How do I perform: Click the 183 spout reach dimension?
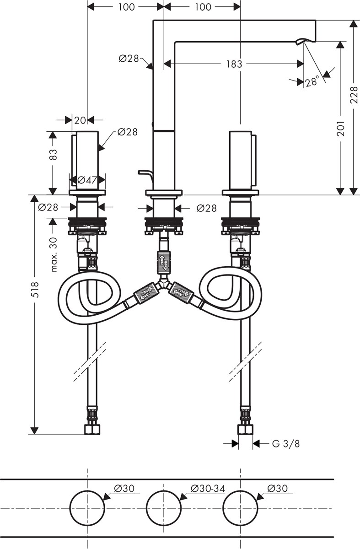234,64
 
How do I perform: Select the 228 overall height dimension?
354,95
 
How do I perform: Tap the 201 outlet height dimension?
340,128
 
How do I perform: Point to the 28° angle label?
312,81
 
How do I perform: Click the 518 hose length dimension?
35,290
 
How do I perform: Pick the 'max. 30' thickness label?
54,254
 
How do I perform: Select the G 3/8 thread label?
286,444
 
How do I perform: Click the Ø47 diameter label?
87,180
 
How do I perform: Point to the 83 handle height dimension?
53,155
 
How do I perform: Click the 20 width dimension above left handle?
80,120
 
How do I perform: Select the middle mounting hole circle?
164,507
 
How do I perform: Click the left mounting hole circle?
87,507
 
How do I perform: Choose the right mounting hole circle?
241,507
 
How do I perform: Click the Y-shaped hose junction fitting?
164,283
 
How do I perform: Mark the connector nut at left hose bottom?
92,430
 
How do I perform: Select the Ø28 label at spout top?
129,59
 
